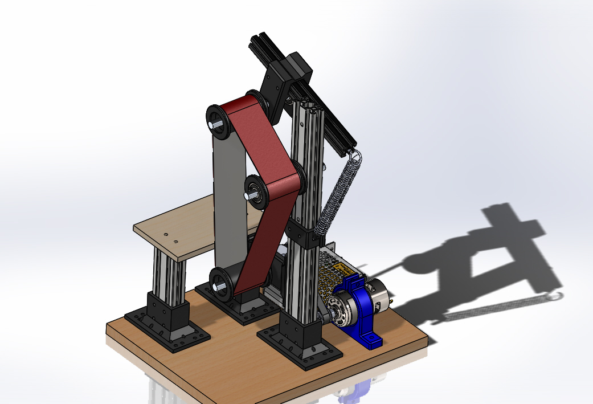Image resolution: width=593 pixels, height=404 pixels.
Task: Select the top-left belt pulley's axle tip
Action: coord(212,125)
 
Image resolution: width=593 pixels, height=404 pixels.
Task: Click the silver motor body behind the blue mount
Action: coord(379,296)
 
